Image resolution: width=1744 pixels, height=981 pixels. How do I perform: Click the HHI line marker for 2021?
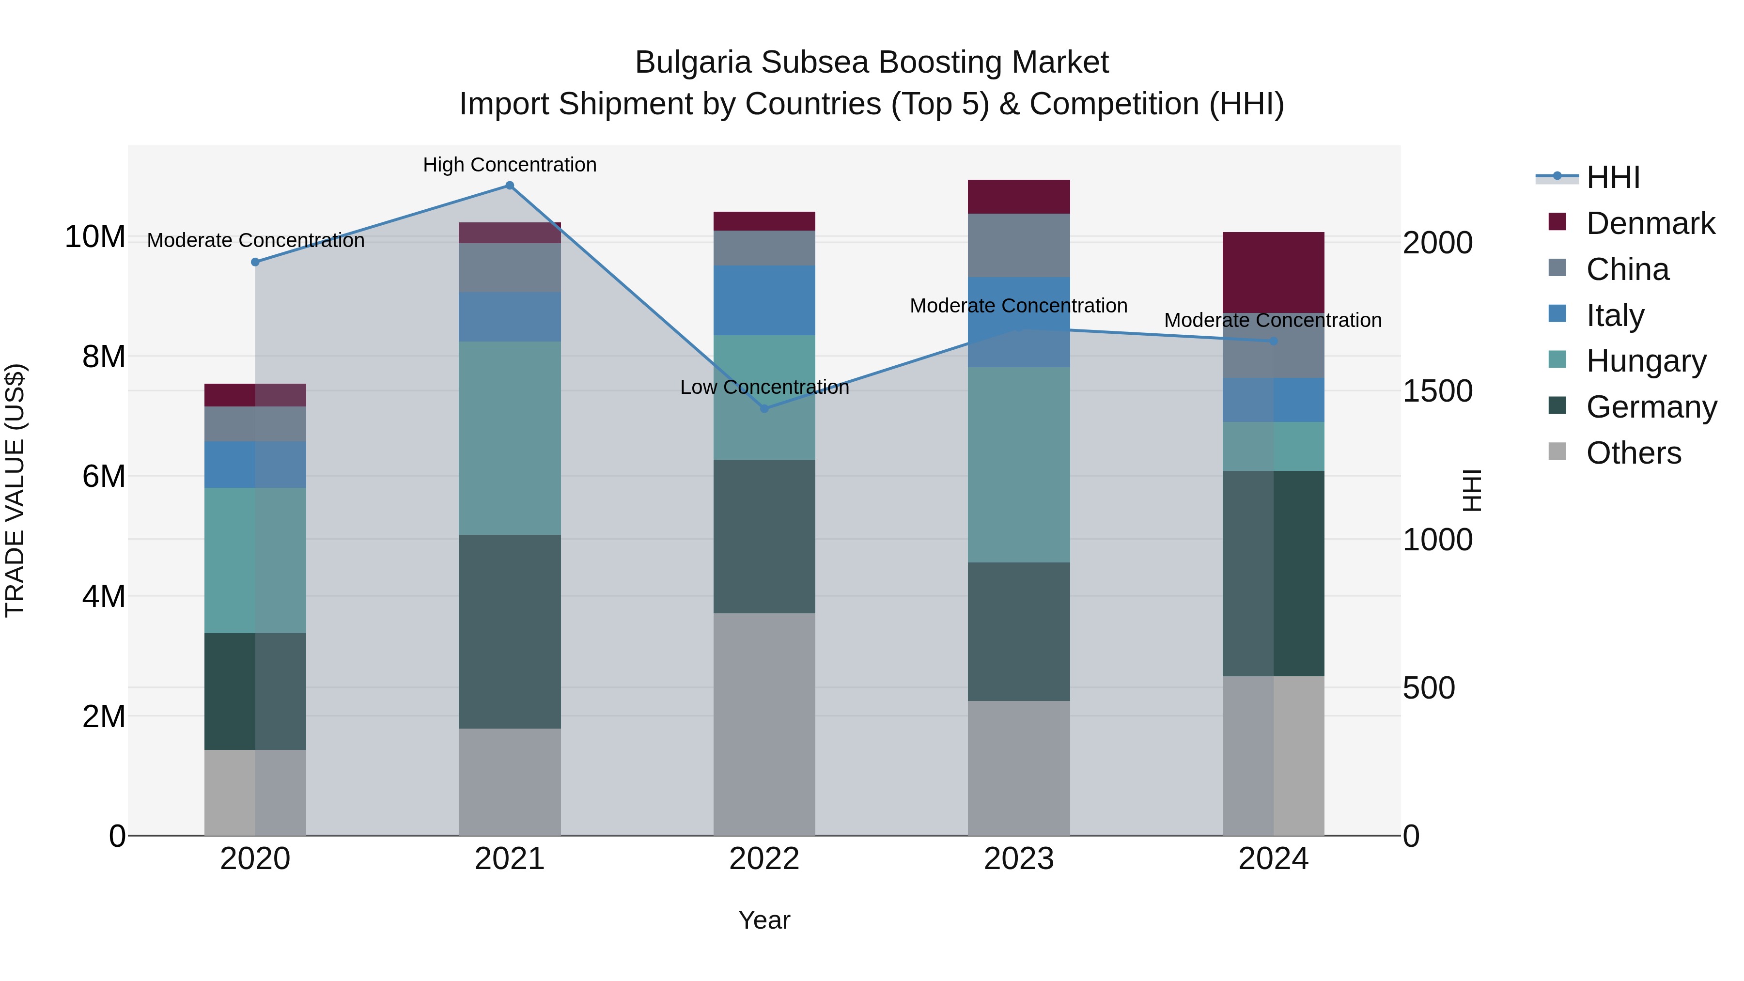[510, 186]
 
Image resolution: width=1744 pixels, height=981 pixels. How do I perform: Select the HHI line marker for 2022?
[764, 408]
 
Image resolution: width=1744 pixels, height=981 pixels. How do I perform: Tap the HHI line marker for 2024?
[1274, 341]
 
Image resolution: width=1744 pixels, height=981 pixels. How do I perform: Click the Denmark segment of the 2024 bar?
[1274, 272]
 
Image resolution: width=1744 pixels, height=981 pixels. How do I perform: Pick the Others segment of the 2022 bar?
[764, 724]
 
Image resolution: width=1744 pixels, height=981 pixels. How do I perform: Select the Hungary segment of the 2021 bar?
[510, 438]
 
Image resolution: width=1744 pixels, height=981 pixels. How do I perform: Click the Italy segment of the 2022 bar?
[764, 300]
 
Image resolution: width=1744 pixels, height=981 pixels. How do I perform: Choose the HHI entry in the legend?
[1613, 177]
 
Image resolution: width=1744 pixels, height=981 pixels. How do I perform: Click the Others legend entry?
[1633, 453]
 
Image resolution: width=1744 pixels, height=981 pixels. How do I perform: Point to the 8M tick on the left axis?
[104, 357]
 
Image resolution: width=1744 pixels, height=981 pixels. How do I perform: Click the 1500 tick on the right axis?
[1437, 391]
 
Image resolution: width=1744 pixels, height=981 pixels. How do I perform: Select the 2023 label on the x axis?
[1019, 859]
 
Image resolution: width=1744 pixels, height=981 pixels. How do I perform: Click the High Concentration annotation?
[510, 165]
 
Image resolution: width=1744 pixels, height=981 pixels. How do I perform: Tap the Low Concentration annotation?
[764, 387]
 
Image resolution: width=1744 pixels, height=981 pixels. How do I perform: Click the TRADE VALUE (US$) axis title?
[15, 490]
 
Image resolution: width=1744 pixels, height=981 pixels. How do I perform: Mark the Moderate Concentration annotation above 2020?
[255, 240]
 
